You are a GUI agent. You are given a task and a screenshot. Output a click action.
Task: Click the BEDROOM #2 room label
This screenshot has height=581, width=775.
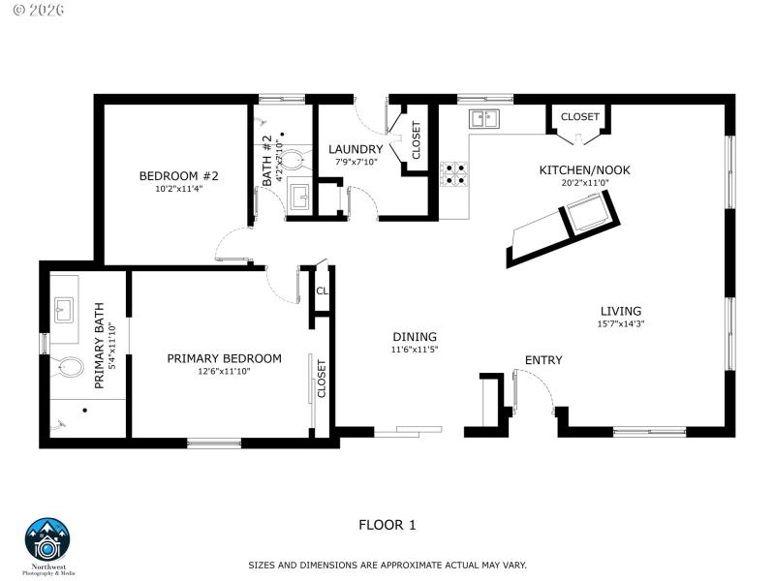pyautogui.click(x=179, y=175)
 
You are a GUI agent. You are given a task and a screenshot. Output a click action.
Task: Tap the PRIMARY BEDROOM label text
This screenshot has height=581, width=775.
pyautogui.click(x=224, y=358)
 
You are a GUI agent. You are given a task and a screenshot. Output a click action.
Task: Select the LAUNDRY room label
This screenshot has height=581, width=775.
pyautogui.click(x=356, y=149)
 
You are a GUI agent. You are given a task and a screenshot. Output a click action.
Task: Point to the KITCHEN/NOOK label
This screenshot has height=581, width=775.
pyautogui.click(x=584, y=170)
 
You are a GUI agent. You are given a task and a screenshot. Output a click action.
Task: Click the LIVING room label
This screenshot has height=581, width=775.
pyautogui.click(x=620, y=312)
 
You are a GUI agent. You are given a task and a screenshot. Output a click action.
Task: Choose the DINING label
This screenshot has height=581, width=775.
pyautogui.click(x=415, y=337)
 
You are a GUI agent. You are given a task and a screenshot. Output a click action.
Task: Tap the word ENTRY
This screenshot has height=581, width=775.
pyautogui.click(x=543, y=360)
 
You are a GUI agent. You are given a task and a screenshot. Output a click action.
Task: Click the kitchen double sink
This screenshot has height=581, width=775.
pyautogui.click(x=483, y=119)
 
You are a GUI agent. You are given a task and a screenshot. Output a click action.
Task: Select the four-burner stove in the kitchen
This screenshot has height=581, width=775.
pyautogui.click(x=452, y=173)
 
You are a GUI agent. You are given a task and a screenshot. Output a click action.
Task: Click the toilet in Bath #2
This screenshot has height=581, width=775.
pyautogui.click(x=292, y=159)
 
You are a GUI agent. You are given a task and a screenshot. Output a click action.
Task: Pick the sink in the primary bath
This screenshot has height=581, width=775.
pyautogui.click(x=66, y=311)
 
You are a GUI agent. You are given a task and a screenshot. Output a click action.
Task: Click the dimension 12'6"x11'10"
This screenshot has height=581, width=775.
pyautogui.click(x=224, y=372)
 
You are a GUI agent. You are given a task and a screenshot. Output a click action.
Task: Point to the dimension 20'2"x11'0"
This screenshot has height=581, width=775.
pyautogui.click(x=584, y=183)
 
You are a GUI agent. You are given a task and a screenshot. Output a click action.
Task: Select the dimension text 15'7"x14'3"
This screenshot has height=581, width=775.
pyautogui.click(x=620, y=324)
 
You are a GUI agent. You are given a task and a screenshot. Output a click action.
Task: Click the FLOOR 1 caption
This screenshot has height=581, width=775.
pyautogui.click(x=387, y=526)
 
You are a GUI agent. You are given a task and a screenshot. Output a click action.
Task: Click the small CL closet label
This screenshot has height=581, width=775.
pyautogui.click(x=322, y=290)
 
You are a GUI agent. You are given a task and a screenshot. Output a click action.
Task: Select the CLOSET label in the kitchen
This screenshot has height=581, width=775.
pyautogui.click(x=579, y=116)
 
